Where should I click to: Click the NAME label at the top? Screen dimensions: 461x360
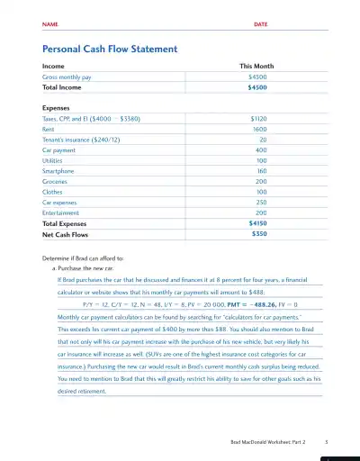(49, 23)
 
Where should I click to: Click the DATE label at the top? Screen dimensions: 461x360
(260, 23)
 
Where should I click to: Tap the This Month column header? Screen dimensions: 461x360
(256, 67)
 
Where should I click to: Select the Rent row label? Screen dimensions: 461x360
(49, 129)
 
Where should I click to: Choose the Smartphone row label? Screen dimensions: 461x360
(58, 170)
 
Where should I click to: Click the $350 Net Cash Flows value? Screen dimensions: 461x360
(259, 233)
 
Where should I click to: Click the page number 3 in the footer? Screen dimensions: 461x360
(326, 442)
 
